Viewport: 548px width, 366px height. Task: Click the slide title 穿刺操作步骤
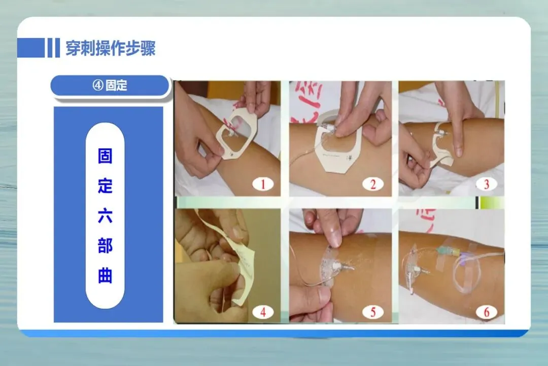[x=111, y=48]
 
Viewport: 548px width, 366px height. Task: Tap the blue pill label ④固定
[x=110, y=85]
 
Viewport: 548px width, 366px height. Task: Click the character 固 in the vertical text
[x=105, y=156]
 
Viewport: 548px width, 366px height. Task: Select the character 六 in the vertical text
[x=105, y=216]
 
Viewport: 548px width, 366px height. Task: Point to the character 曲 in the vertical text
[x=105, y=276]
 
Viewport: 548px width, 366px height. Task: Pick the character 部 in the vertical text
[x=105, y=246]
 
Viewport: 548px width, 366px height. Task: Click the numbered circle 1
[x=263, y=184]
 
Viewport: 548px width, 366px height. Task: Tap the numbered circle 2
[x=373, y=184]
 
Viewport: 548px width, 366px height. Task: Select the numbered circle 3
[x=486, y=184]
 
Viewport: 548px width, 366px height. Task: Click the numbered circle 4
[x=263, y=312]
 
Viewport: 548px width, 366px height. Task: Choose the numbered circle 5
[x=373, y=312]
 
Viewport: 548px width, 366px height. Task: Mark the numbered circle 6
[x=486, y=312]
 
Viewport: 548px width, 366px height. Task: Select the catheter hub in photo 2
[x=330, y=127]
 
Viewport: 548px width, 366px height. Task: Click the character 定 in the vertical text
[x=105, y=186]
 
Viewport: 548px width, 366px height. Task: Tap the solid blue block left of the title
[x=31, y=48]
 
